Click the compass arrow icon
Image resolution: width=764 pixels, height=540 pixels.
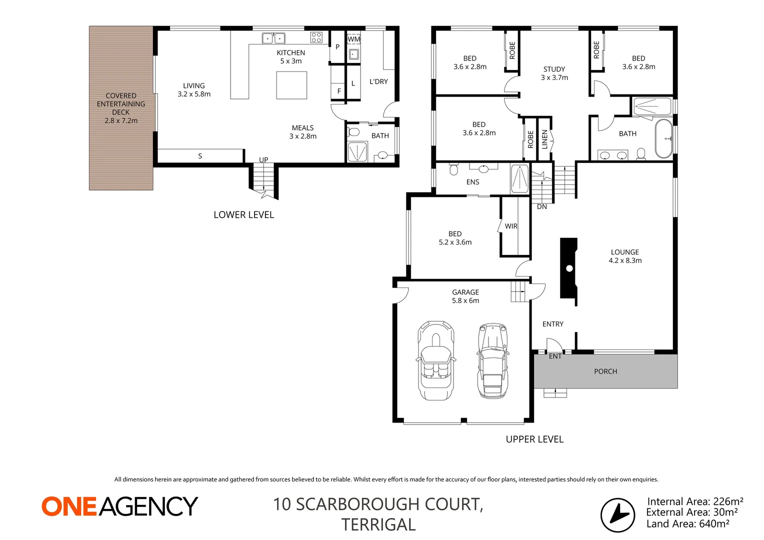coord(617,515)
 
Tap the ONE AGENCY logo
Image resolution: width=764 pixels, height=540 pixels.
coord(120,506)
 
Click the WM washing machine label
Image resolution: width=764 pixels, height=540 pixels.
coord(354,39)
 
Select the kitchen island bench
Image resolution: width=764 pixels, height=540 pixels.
coord(291,85)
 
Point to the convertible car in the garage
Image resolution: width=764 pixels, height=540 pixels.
coord(436,360)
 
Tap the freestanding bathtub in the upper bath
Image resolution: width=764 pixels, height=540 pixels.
coord(664,138)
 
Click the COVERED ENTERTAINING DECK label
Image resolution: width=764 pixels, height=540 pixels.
coord(121,108)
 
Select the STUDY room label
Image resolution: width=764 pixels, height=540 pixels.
coord(554,73)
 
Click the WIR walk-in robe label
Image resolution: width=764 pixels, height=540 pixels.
coord(511,226)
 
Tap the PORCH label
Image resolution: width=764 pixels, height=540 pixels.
coord(605,371)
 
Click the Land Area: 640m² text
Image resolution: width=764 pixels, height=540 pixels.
coord(687,524)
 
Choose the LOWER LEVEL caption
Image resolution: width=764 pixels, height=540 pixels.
coord(243,215)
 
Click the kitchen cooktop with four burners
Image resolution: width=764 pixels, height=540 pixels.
coord(316,37)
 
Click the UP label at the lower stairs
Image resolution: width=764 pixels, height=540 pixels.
coord(263,160)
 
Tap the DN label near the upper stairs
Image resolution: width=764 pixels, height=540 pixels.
coord(542,206)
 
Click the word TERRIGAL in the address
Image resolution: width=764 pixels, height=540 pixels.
coord(378,524)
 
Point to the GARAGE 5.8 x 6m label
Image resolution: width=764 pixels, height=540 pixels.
coord(465,296)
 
